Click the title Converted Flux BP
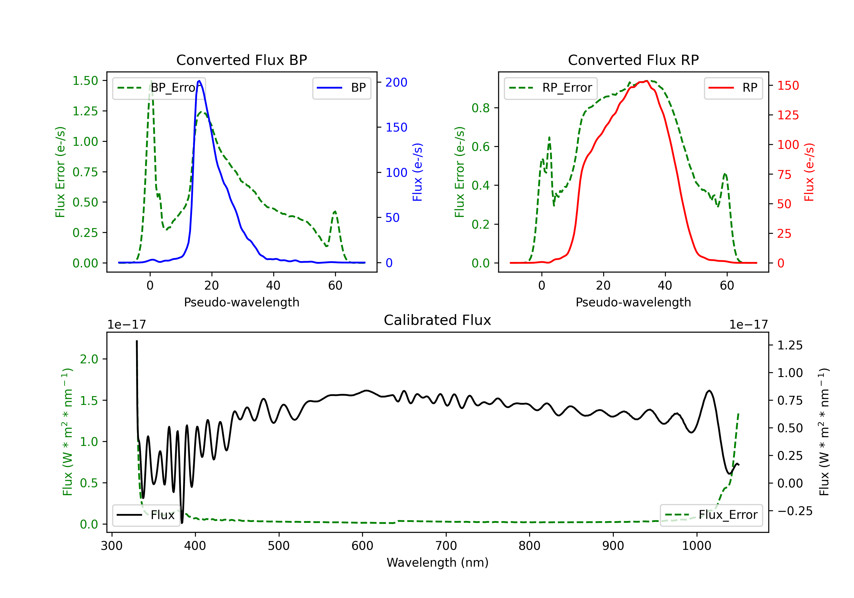coord(241,60)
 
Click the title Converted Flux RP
coord(633,60)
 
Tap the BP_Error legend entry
coord(159,88)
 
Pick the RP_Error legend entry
coord(551,88)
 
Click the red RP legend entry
coord(733,88)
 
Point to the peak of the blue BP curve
coord(199,81)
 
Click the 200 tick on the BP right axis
coord(396,82)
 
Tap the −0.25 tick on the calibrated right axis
coord(795,511)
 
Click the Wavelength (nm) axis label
coord(438,562)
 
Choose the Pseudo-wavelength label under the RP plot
coord(633,302)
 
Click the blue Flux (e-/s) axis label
coord(417,172)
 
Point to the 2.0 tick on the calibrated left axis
coord(89,359)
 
